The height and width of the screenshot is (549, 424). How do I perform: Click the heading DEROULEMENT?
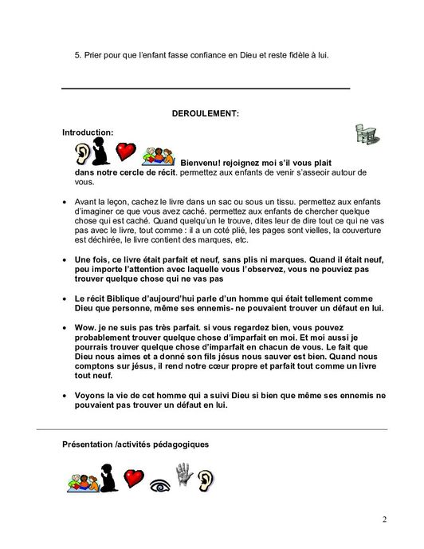point(206,113)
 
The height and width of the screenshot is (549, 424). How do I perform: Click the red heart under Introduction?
point(126,151)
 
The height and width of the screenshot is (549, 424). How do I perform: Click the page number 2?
point(383,520)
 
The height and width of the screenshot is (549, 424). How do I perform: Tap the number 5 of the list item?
point(77,55)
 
